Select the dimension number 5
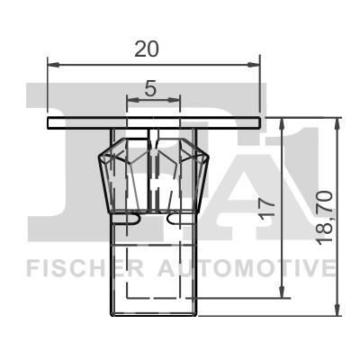[x=150, y=88]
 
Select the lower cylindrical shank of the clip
[x=152, y=270]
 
